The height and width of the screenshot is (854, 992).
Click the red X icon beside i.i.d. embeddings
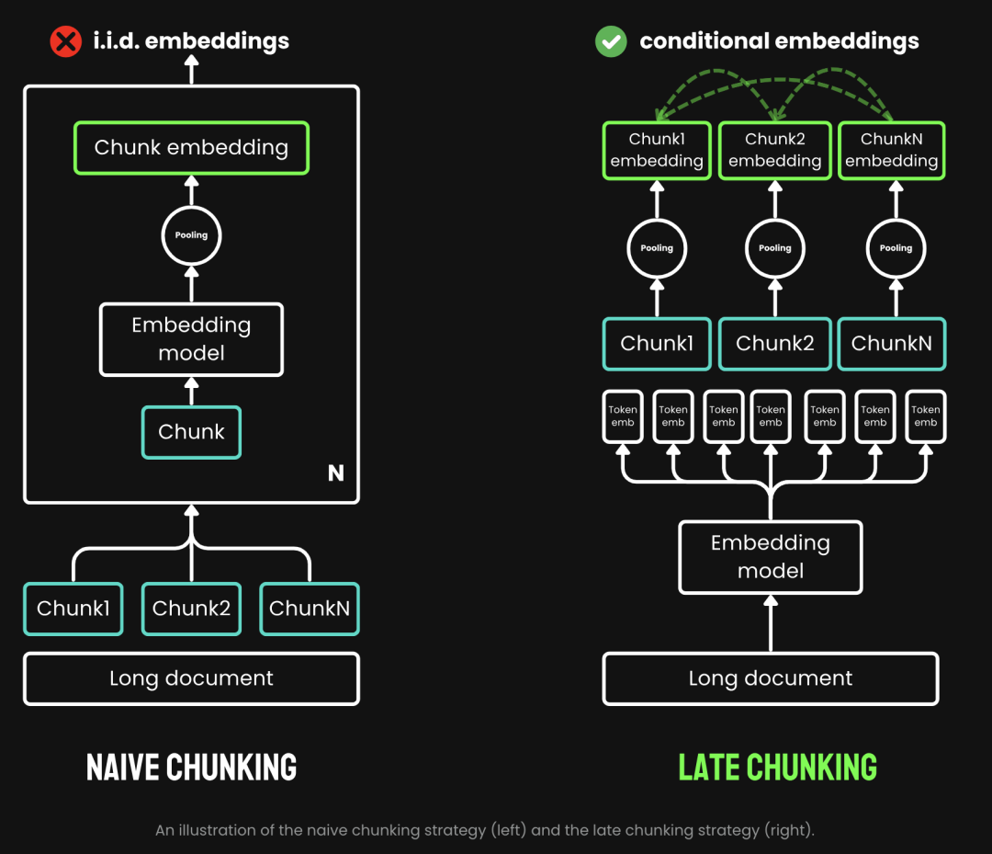65,41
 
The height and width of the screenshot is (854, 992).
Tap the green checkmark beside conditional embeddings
611,41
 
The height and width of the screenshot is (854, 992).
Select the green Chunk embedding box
191,148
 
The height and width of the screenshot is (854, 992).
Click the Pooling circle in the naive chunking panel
191,235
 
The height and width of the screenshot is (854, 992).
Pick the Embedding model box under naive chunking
191,339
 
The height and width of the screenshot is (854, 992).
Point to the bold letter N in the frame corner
336,473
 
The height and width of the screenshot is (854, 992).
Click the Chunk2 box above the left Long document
191,609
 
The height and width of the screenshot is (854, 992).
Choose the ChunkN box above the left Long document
310,609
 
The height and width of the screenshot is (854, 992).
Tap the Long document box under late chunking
770,678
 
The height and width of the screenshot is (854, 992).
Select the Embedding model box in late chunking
770,557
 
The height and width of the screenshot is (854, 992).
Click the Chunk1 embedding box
657,151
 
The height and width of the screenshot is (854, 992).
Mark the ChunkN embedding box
891,151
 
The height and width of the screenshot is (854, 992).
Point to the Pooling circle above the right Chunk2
774,248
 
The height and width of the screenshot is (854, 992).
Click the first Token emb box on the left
623,416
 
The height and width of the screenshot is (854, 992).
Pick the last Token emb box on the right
925,416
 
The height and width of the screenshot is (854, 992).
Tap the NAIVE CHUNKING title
191,767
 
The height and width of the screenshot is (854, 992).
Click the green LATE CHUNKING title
777,767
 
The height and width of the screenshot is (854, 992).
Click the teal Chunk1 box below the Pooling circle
657,344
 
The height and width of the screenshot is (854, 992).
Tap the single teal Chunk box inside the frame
191,432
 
